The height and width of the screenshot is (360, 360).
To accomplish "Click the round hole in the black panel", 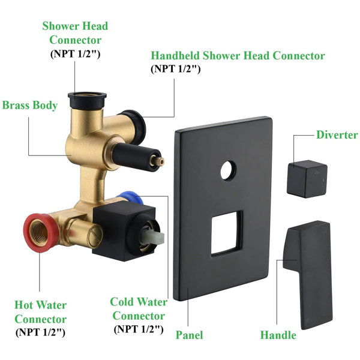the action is [228, 170].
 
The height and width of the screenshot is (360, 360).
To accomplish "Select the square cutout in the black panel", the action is [227, 233].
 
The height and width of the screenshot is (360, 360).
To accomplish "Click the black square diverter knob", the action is [307, 179].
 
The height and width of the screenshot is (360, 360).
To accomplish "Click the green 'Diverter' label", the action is [337, 135].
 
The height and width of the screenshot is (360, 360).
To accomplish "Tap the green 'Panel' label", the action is [190, 335].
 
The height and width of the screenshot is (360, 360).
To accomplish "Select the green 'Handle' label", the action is [278, 335].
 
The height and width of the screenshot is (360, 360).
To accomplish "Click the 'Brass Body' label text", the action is [30, 106].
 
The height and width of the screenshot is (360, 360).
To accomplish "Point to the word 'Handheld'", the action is [175, 56].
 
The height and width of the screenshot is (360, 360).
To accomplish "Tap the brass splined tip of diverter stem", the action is [161, 161].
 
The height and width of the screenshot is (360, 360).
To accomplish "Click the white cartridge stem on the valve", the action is [152, 237].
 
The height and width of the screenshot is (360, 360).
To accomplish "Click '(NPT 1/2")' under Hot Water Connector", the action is [40, 332].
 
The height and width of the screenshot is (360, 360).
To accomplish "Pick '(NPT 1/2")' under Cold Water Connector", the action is [139, 329].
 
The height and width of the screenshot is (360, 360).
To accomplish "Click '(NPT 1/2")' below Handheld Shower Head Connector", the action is [176, 69].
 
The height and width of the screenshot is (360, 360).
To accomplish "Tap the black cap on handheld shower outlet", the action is [134, 127].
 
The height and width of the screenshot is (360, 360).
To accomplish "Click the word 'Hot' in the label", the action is [25, 305].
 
